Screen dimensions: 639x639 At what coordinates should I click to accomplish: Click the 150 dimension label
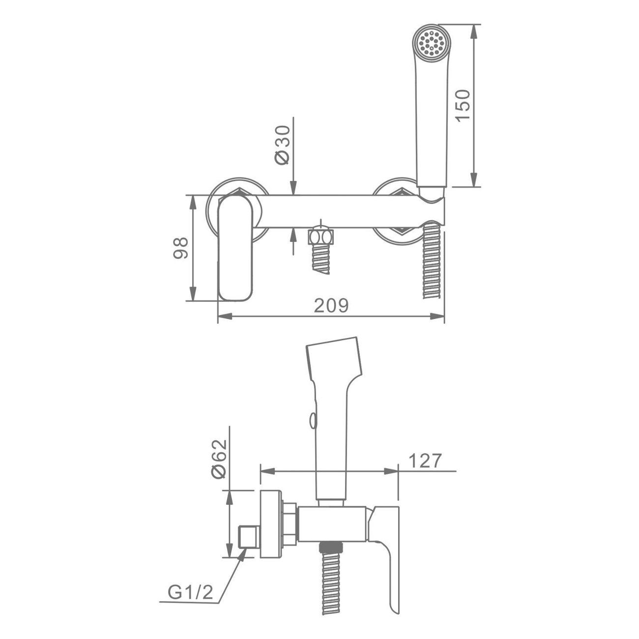coord(463,106)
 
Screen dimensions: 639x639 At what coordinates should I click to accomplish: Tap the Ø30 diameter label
coord(282,145)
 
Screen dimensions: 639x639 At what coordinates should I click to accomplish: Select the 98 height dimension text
coord(181,248)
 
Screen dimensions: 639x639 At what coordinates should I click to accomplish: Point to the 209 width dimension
coord(331,305)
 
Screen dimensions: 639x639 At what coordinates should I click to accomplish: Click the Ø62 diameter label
coord(219,459)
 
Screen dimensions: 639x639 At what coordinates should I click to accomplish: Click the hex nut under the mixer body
coord(320,237)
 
